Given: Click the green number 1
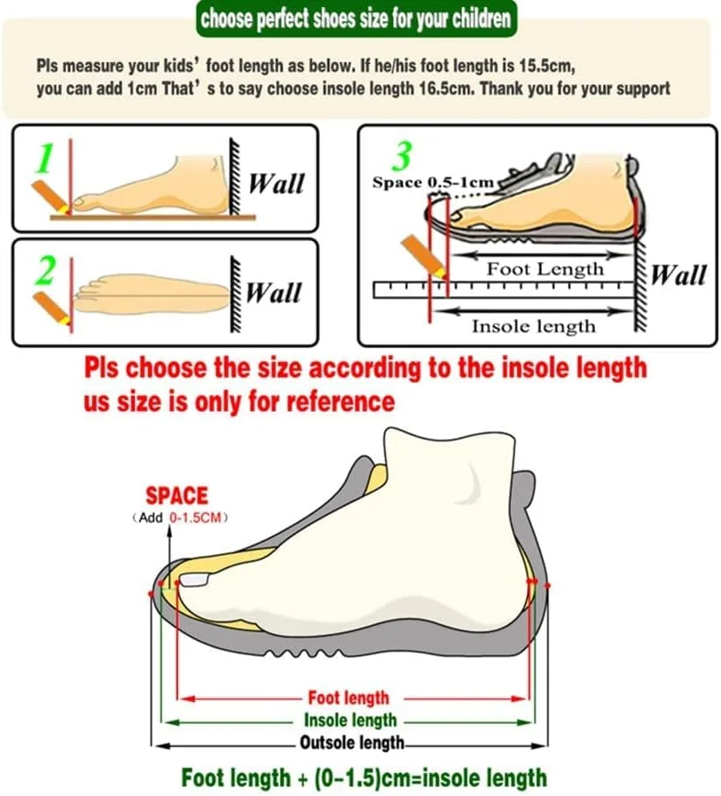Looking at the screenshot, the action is (x=46, y=158).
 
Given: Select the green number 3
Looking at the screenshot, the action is (x=402, y=155).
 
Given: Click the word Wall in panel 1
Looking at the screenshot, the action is (x=277, y=183).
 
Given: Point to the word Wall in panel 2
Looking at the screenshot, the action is (x=274, y=293).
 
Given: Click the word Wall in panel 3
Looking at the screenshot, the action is (x=678, y=275).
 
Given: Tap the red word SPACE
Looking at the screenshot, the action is (x=176, y=496).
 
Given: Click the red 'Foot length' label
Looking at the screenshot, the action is (x=349, y=698).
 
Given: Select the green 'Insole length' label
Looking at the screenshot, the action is (x=350, y=721).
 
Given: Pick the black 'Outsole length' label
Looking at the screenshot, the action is (x=352, y=743).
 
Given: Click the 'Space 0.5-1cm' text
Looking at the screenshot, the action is (x=433, y=183).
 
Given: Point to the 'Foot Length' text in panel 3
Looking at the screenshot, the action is (x=545, y=269).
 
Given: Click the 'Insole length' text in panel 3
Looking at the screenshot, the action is (x=534, y=326).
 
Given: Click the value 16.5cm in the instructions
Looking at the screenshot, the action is (x=449, y=89).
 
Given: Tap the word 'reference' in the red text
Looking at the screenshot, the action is (x=341, y=402).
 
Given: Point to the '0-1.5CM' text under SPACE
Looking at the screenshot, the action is (x=195, y=518).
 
